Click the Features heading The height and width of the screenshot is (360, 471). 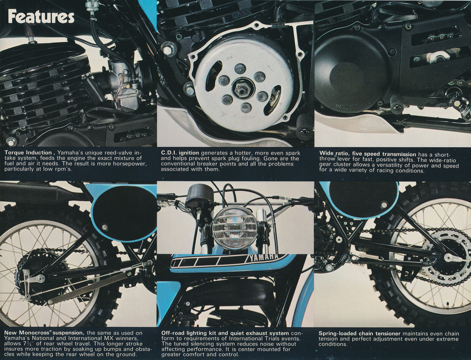pyautogui.click(x=41, y=17)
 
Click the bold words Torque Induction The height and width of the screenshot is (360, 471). pyautogui.click(x=28, y=153)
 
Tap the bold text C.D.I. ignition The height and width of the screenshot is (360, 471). pyautogui.click(x=180, y=153)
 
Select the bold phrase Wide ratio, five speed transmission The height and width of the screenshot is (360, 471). pyautogui.click(x=368, y=154)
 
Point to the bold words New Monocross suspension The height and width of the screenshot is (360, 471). pyautogui.click(x=44, y=333)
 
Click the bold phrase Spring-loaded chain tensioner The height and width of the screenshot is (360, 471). pyautogui.click(x=360, y=333)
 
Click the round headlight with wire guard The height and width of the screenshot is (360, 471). pyautogui.click(x=235, y=228)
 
